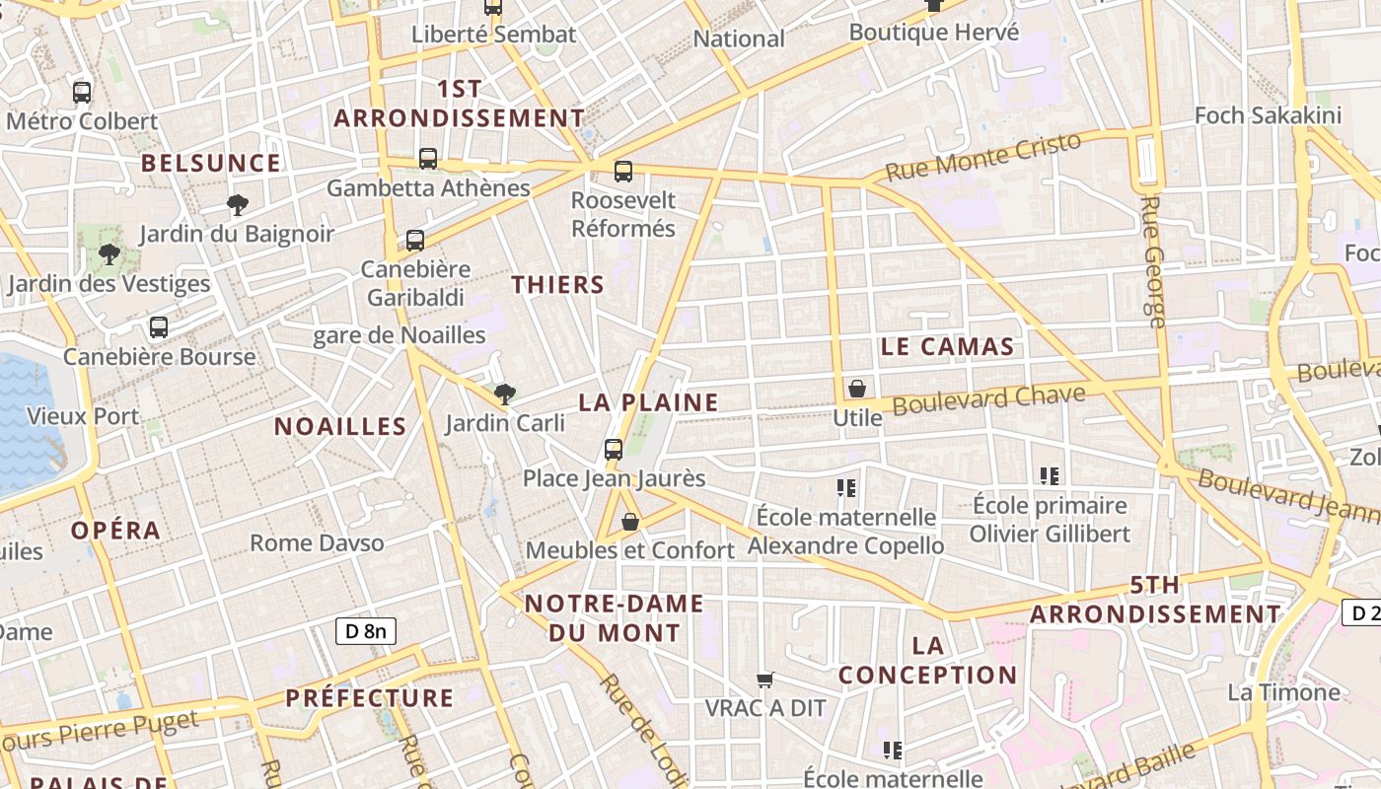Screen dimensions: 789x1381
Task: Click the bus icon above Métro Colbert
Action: point(82,93)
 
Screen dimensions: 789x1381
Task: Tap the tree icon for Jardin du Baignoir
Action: point(237,205)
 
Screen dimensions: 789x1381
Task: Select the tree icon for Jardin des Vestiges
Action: point(109,255)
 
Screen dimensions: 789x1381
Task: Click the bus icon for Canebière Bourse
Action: point(158,327)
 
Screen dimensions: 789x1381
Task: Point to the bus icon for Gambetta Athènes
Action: point(428,158)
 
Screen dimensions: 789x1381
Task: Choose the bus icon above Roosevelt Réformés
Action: point(623,172)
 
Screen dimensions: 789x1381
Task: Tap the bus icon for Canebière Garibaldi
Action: point(415,240)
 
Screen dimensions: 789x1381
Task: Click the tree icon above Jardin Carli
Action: point(505,394)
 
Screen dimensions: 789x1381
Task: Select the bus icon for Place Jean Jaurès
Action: point(614,450)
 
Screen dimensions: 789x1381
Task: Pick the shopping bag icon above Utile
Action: point(857,389)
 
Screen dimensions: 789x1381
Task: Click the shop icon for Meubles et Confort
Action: point(630,522)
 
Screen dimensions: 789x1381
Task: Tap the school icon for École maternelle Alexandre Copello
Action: point(845,487)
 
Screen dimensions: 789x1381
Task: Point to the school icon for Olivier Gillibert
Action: point(1050,476)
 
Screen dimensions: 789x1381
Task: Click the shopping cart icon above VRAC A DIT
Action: point(764,680)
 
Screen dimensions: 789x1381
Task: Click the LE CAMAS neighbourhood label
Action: point(947,347)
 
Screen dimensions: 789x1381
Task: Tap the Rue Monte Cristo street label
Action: point(983,158)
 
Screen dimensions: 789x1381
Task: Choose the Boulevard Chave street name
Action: point(988,399)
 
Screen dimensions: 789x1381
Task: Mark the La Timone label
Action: point(1283,692)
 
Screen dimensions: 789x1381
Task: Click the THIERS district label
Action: point(557,285)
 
